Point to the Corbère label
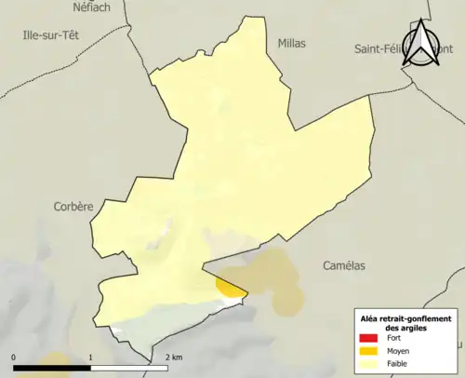tap(73, 207)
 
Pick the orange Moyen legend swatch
tap(370, 351)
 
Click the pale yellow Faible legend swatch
tap(370, 363)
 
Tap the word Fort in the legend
tap(393, 339)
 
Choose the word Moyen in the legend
tap(399, 351)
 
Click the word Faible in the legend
tap(398, 363)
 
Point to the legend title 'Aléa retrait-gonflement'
tap(405, 318)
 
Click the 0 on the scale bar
tap(14, 358)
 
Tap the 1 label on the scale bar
tap(90, 358)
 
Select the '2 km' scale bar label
tap(172, 358)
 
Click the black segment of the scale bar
tap(52, 368)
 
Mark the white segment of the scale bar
tap(128, 368)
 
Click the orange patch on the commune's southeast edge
tap(231, 285)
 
